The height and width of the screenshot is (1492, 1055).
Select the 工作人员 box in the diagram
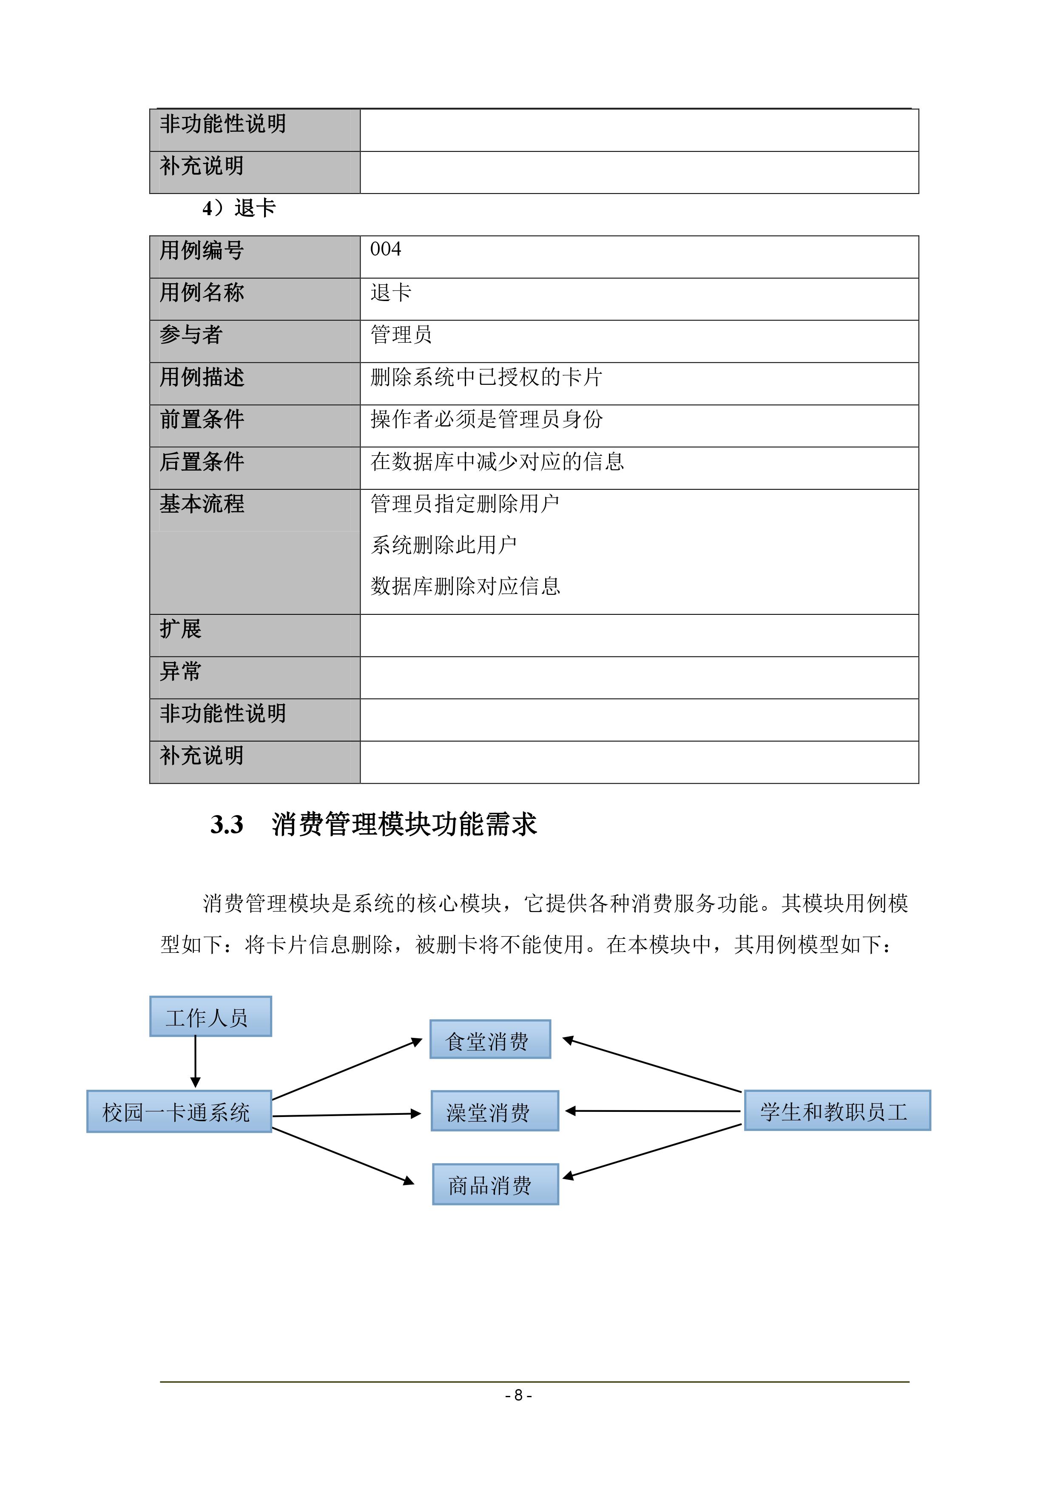(210, 1016)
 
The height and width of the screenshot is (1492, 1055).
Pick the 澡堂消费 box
(494, 1111)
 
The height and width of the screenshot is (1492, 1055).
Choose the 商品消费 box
(495, 1185)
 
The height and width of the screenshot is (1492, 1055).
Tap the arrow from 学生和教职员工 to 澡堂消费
(653, 1111)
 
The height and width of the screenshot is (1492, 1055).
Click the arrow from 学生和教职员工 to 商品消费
(652, 1150)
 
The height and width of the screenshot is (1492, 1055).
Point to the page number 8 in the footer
(518, 1395)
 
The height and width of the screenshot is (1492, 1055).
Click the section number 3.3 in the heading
(227, 824)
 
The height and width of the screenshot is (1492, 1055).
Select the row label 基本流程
(202, 503)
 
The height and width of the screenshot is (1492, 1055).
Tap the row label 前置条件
(202, 419)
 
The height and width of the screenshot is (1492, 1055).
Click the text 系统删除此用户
(444, 545)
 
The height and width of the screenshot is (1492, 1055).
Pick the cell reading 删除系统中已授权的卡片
(486, 377)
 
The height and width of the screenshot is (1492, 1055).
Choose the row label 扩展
(181, 629)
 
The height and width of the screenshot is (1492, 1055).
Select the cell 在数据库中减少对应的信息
(497, 461)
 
